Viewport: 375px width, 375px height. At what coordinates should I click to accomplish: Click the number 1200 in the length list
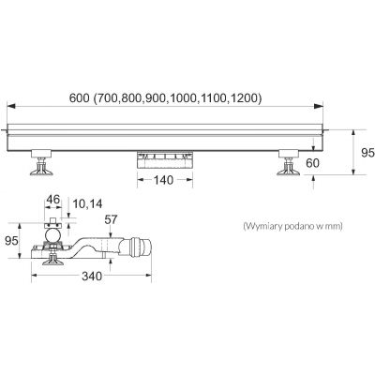tap(246, 97)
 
